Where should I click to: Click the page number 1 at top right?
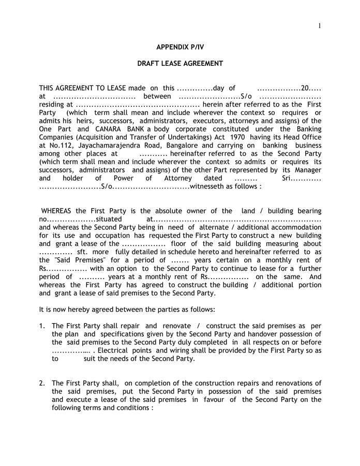(x=320, y=26)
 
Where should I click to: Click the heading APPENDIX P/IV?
(x=179, y=47)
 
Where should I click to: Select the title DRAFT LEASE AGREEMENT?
(x=179, y=64)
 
